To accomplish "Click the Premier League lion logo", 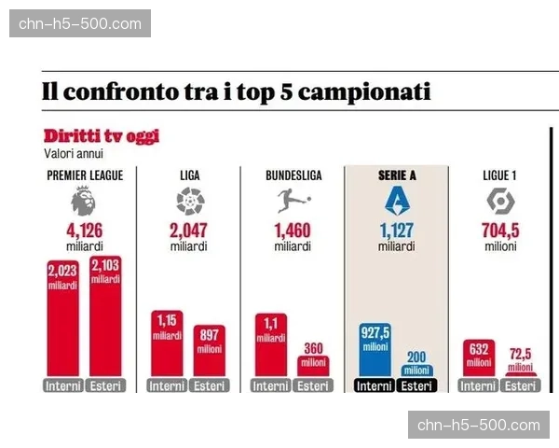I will [85, 202].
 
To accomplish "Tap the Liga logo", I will [189, 201].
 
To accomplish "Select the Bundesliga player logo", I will [293, 201].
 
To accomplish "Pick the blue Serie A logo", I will [396, 201].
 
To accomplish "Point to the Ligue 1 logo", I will [500, 201].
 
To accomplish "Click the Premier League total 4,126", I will [85, 231].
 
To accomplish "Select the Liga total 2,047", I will [189, 231].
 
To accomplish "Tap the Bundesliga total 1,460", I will [293, 231].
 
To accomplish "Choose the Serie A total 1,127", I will [396, 231].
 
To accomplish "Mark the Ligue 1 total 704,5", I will [500, 231].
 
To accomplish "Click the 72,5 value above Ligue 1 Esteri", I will [521, 356].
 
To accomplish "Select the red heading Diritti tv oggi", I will [102, 136].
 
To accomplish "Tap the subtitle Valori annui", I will [74, 153].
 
